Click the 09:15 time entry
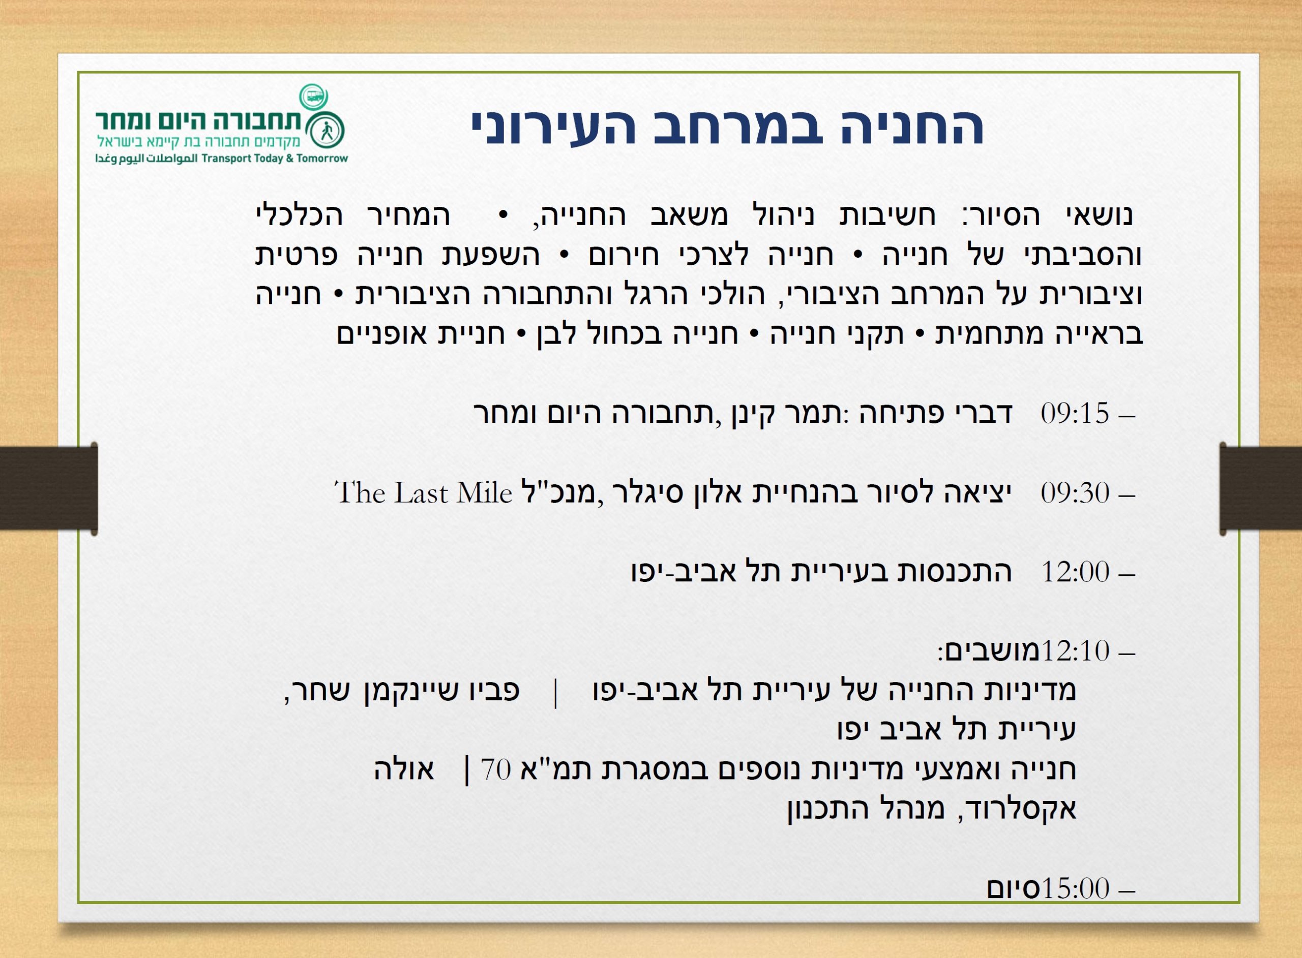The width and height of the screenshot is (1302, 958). click(1075, 414)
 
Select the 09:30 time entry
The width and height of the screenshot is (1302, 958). click(1075, 493)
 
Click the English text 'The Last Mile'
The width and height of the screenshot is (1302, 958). click(424, 493)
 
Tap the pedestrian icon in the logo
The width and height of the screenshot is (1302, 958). click(327, 132)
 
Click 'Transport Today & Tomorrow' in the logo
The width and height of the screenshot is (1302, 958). click(275, 159)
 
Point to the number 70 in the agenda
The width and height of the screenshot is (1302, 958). click(496, 769)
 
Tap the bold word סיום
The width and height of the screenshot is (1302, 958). click(1014, 888)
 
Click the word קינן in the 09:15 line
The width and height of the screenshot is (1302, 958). click(751, 414)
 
